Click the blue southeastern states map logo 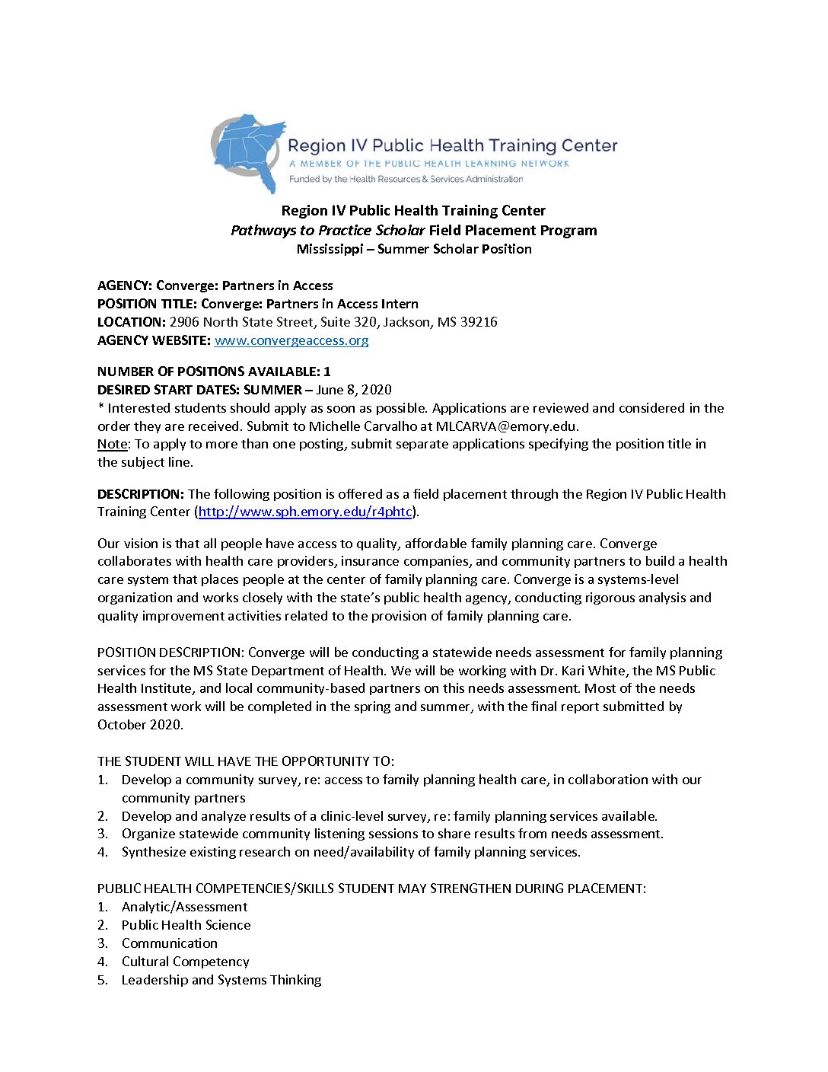pyautogui.click(x=249, y=151)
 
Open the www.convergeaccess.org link pyautogui.click(x=291, y=340)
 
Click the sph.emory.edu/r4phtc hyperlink pyautogui.click(x=305, y=512)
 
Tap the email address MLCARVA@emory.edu pyautogui.click(x=506, y=426)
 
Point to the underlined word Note pyautogui.click(x=112, y=444)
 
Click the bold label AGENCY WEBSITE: pyautogui.click(x=154, y=340)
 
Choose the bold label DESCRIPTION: pyautogui.click(x=141, y=494)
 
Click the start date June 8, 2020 pyautogui.click(x=354, y=390)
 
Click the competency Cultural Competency pyautogui.click(x=185, y=962)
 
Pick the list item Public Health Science pyautogui.click(x=186, y=925)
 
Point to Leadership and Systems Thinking pyautogui.click(x=221, y=980)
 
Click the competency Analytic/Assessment pyautogui.click(x=184, y=907)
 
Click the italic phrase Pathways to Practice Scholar pyautogui.click(x=327, y=231)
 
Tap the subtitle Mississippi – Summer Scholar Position pyautogui.click(x=414, y=249)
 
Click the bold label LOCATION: pyautogui.click(x=131, y=322)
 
